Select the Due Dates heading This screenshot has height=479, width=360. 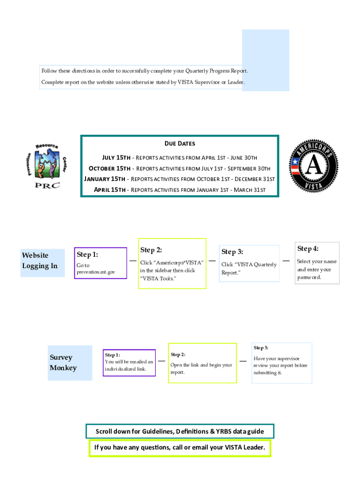(x=180, y=144)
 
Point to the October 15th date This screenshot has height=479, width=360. (x=109, y=168)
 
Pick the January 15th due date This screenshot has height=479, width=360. (x=105, y=179)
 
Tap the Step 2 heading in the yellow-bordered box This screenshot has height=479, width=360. (x=151, y=250)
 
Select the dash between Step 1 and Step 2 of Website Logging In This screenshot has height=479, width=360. (x=133, y=261)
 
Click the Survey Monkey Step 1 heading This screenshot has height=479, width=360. (x=112, y=355)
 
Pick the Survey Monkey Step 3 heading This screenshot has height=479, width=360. (x=261, y=348)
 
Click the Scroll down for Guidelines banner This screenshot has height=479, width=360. (x=180, y=431)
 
